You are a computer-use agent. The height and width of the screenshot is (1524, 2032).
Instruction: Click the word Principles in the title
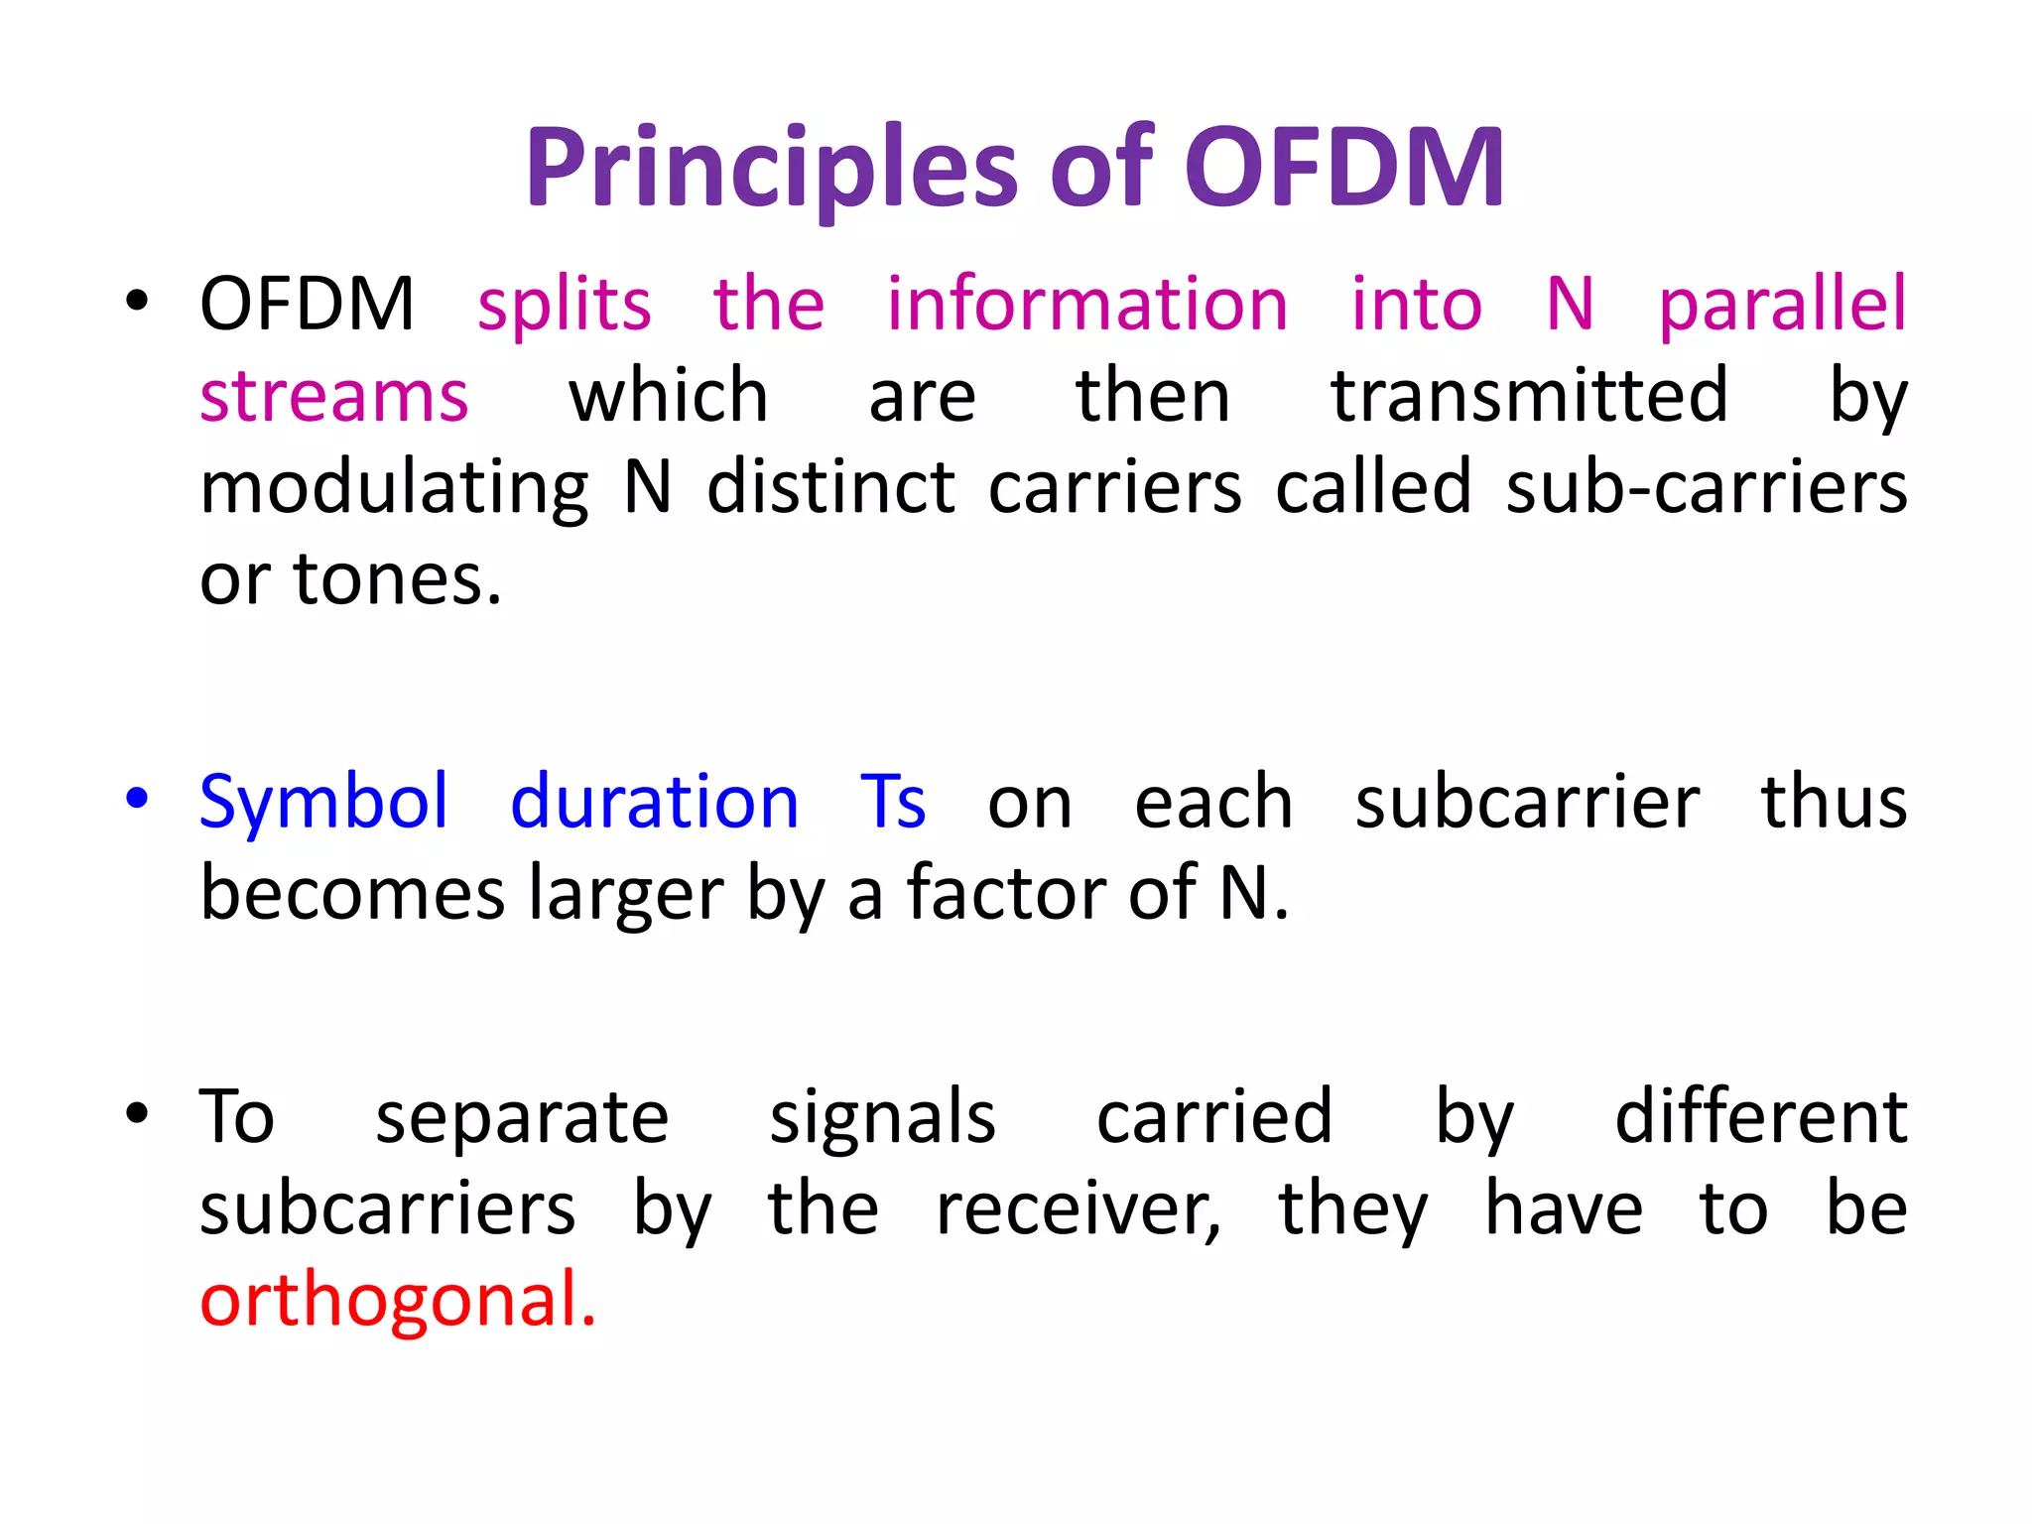click(x=772, y=169)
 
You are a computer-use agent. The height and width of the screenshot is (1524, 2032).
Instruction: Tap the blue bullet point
click(x=137, y=799)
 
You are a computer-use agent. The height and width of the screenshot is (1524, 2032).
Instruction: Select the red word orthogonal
click(x=397, y=1300)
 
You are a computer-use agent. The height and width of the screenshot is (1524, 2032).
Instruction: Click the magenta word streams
click(x=334, y=397)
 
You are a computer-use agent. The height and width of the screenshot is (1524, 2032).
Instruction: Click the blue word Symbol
click(x=324, y=802)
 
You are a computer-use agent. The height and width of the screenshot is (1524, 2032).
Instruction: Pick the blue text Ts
click(x=893, y=802)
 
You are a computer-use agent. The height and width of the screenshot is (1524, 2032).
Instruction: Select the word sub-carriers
click(x=1707, y=488)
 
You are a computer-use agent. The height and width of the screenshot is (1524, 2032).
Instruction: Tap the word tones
click(x=397, y=580)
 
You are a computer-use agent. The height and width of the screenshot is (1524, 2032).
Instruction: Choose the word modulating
click(x=395, y=490)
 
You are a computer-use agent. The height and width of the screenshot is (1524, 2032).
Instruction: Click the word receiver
click(x=1078, y=1210)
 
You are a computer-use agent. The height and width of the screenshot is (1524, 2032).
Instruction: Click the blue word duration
click(x=654, y=802)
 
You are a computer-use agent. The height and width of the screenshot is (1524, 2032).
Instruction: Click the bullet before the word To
click(x=137, y=1113)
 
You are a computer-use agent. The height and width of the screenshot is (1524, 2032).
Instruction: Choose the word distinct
click(x=830, y=488)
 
